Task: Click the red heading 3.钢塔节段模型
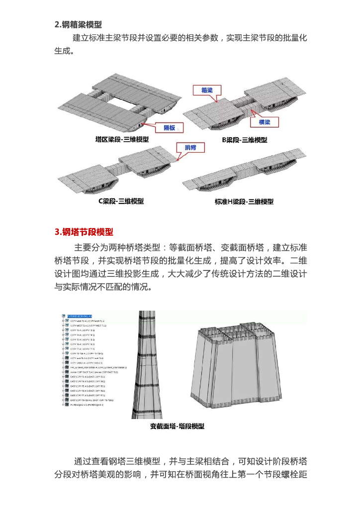84,232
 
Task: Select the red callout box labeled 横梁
264,122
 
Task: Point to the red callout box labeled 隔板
169,128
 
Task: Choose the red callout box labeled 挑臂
190,148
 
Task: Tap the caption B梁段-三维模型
244,140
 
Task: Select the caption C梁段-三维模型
121,201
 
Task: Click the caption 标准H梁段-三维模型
244,201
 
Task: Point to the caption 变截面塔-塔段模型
178,426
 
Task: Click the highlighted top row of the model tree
80,316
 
